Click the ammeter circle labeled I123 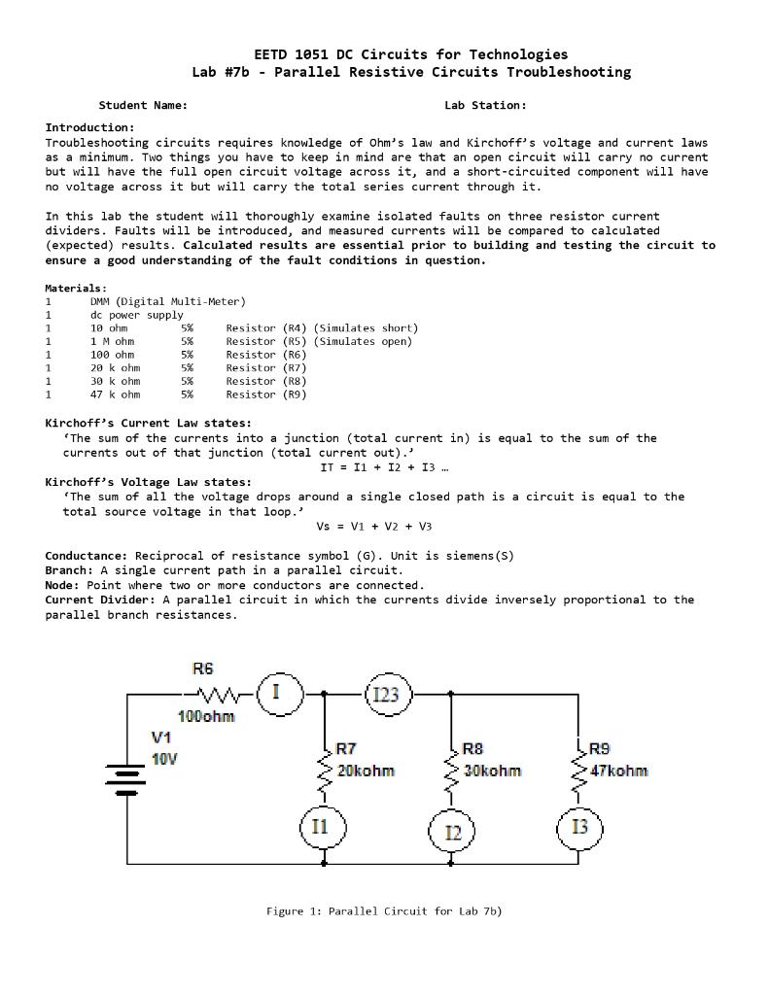click(387, 694)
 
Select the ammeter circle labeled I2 click(453, 832)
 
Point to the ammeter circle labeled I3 click(579, 828)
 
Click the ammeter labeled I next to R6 click(277, 693)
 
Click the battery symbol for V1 click(126, 777)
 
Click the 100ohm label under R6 click(205, 717)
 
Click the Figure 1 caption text click(384, 910)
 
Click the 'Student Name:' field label click(143, 105)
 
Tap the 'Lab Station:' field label click(485, 105)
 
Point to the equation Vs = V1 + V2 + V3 click(374, 526)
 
